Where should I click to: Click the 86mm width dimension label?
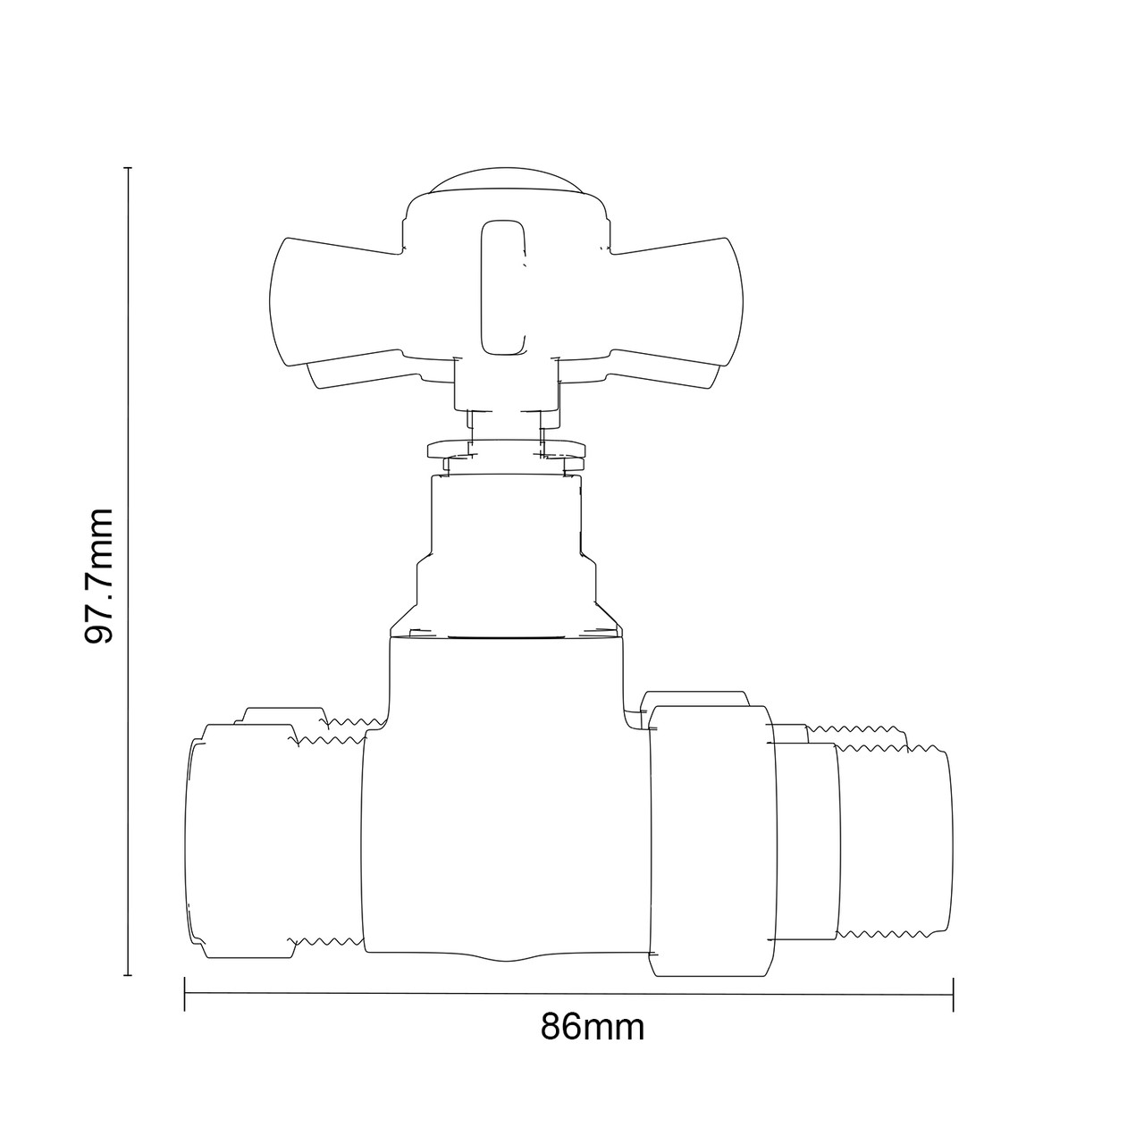(x=592, y=1027)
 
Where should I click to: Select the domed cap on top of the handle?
(x=505, y=181)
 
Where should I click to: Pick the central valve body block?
(x=505, y=804)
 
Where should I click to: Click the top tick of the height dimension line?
(x=129, y=168)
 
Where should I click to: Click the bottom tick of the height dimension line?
(x=129, y=975)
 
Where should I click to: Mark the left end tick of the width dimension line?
(x=184, y=995)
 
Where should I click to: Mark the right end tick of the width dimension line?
(x=954, y=995)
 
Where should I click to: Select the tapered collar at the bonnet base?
(x=505, y=617)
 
